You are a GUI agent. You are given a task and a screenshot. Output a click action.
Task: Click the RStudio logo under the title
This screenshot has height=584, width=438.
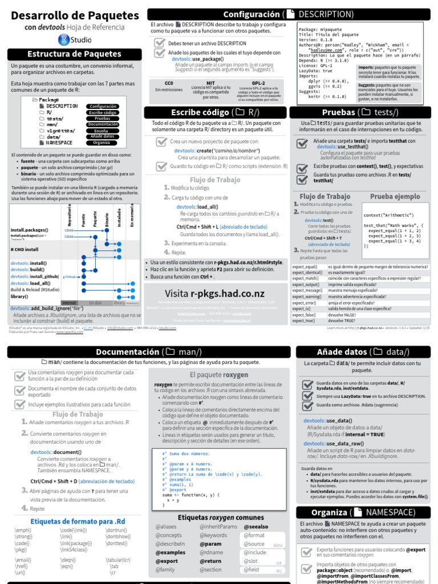[x=75, y=39]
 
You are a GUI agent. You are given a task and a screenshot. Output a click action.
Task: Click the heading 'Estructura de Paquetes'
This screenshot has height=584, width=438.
[x=75, y=54]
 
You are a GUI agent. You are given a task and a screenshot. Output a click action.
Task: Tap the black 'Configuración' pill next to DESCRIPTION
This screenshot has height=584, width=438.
[x=103, y=106]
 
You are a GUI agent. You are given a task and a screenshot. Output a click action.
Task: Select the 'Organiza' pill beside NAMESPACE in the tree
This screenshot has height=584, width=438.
[x=102, y=143]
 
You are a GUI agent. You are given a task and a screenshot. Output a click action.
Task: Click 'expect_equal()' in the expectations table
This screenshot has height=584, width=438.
[x=305, y=266]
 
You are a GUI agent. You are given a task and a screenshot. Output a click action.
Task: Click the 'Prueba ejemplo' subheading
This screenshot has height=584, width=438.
[x=395, y=197]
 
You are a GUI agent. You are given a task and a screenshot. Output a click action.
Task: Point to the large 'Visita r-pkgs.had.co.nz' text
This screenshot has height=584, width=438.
[x=212, y=293]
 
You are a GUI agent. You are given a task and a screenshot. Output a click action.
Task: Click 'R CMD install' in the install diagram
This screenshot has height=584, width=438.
[x=25, y=249]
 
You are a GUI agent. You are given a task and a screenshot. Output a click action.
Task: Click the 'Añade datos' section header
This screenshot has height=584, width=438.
[x=363, y=352]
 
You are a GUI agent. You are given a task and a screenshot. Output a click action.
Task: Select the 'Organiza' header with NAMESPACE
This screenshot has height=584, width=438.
[x=363, y=512]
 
